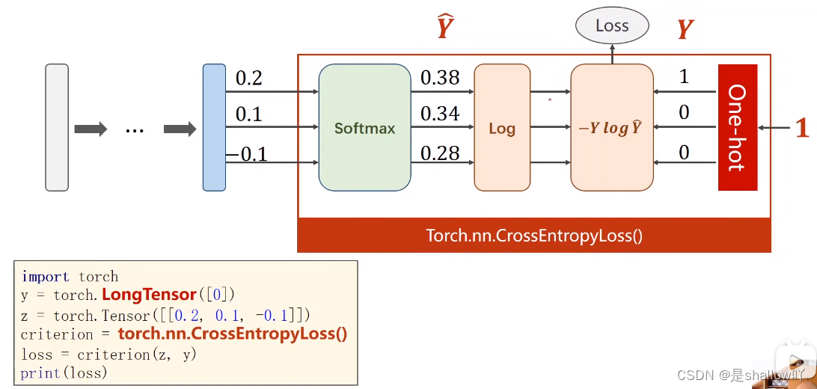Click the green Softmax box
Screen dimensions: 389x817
364,127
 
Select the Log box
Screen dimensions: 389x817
501,127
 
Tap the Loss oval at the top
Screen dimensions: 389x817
612,26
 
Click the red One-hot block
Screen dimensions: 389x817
737,127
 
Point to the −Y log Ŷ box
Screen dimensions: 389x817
611,127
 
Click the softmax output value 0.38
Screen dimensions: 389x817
439,78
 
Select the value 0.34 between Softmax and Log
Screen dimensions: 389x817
439,114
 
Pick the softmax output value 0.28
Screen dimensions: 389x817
439,153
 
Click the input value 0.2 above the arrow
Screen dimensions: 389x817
248,78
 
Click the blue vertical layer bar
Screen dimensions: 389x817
214,127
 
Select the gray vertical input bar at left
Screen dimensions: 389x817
57,127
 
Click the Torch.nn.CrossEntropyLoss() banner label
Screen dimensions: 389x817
534,236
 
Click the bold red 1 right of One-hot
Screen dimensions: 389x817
802,128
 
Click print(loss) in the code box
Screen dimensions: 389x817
64,373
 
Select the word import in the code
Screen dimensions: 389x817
46,276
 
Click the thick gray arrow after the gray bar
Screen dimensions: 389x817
91,129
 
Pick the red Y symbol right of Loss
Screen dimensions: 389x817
685,29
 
